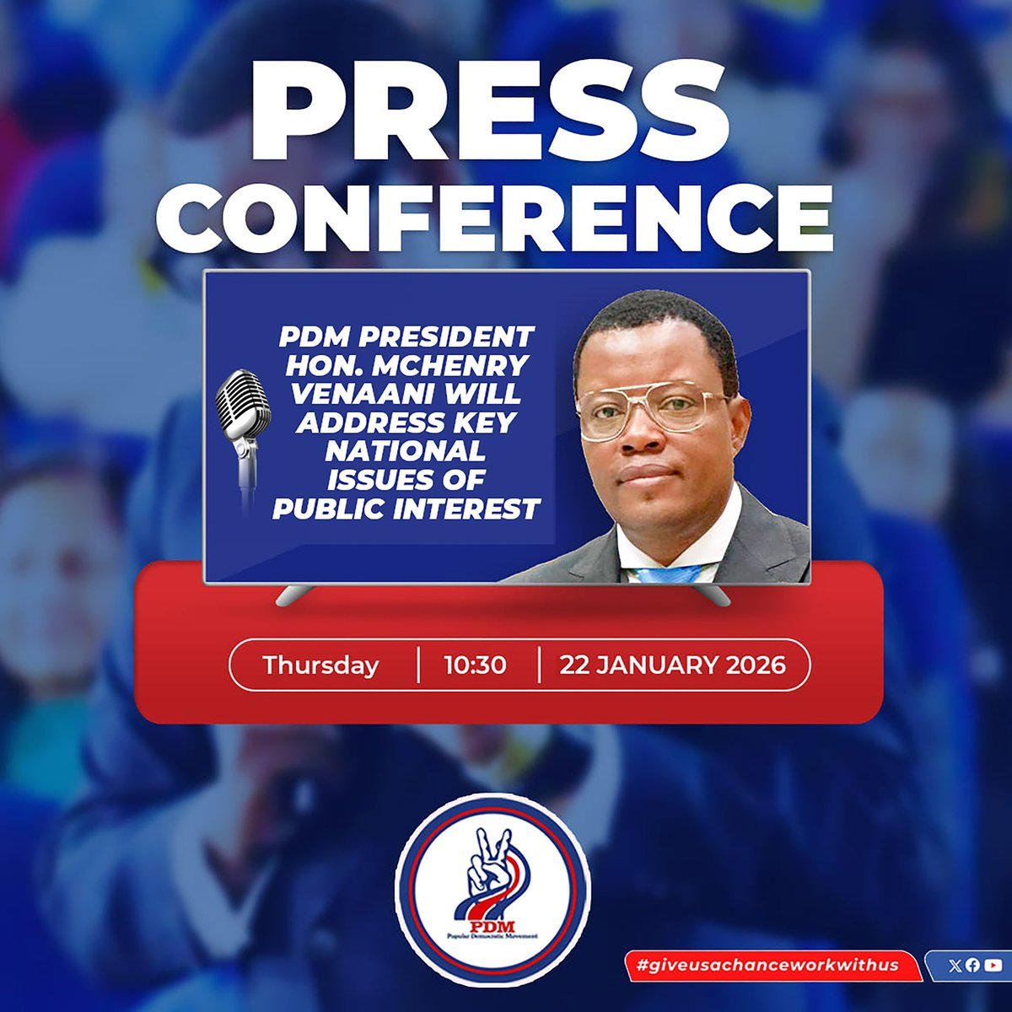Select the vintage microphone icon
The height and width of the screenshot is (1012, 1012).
243,430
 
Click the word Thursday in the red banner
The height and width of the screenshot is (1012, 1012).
320,665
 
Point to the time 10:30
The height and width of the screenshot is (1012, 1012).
476,665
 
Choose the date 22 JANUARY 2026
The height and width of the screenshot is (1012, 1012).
672,665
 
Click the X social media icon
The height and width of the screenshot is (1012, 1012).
954,966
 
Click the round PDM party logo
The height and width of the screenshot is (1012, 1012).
493,890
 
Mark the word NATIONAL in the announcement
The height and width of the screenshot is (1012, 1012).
406,451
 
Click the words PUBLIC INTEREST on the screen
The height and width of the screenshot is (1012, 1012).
406,509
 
